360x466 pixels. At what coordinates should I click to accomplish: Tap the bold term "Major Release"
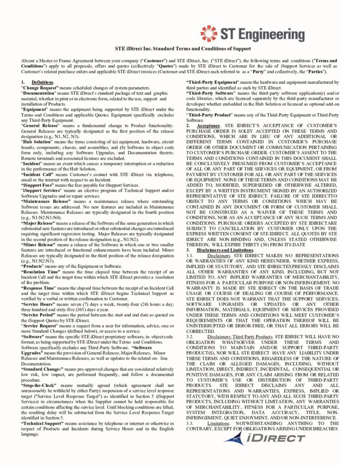tap(37, 211)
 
